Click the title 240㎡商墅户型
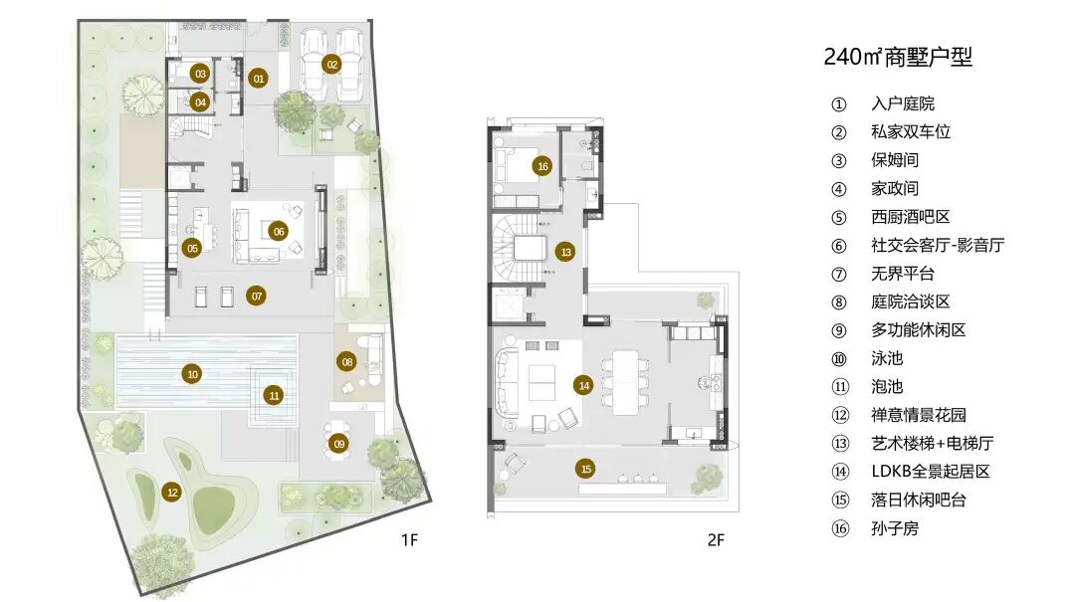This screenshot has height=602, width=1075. [898, 57]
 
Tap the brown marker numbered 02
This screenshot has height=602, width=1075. [331, 65]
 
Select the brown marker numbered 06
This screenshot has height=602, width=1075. [279, 231]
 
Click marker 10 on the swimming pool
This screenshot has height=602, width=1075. [193, 374]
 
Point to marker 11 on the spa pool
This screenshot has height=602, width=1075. [275, 395]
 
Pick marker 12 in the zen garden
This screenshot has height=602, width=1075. [172, 493]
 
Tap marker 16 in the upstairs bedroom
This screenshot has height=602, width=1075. [543, 166]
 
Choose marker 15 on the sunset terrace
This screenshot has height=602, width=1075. [585, 469]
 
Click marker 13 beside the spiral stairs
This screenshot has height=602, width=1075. [565, 252]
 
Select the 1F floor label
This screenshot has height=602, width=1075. [409, 540]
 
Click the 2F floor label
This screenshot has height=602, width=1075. [716, 540]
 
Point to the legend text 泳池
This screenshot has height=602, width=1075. [887, 358]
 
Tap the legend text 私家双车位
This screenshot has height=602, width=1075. [911, 131]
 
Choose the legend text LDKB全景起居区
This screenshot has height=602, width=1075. [931, 472]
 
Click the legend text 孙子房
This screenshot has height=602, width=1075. [895, 528]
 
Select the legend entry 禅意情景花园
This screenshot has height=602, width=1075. [919, 415]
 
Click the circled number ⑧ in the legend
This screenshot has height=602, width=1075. [839, 302]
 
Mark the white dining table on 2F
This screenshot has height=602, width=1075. [625, 382]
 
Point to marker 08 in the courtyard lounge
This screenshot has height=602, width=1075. [347, 362]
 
